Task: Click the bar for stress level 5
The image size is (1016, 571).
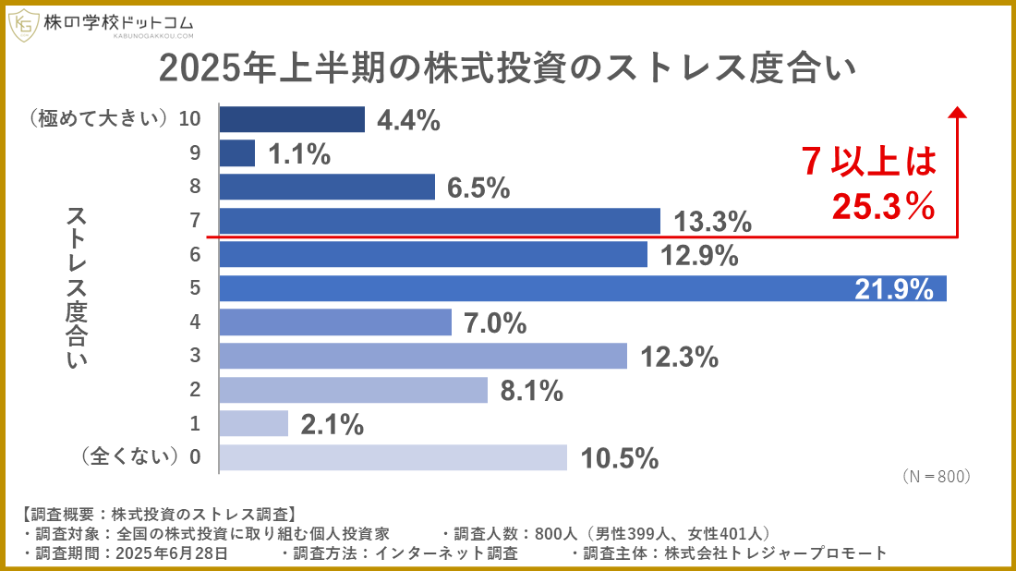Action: pyautogui.click(x=583, y=288)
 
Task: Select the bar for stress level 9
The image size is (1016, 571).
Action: pyautogui.click(x=237, y=153)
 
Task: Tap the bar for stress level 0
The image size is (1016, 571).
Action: pyautogui.click(x=393, y=457)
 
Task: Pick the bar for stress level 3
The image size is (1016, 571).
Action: pyautogui.click(x=423, y=356)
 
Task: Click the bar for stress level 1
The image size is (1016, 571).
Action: pyautogui.click(x=254, y=423)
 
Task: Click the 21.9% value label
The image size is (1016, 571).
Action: pyautogui.click(x=894, y=289)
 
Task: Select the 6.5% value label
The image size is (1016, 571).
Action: pyautogui.click(x=478, y=188)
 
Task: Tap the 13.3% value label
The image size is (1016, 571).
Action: pyautogui.click(x=712, y=222)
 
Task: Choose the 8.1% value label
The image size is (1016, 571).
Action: pyautogui.click(x=531, y=391)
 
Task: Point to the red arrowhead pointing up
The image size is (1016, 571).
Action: pyautogui.click(x=958, y=112)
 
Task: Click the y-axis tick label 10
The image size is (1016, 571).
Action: pyautogui.click(x=190, y=119)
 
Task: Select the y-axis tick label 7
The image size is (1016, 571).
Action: pyautogui.click(x=195, y=221)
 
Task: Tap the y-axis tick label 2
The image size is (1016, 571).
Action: pyautogui.click(x=195, y=390)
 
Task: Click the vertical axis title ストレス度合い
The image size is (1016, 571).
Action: pyautogui.click(x=77, y=288)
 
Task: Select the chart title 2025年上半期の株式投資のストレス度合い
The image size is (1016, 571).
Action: pyautogui.click(x=507, y=68)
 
